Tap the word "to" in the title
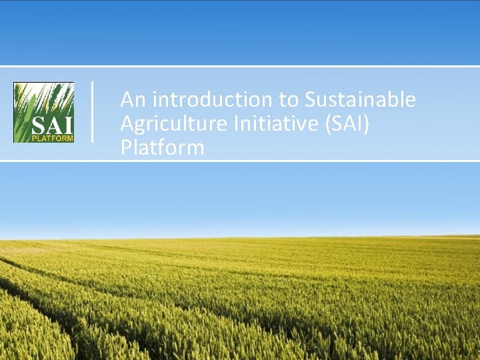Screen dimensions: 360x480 click(289, 100)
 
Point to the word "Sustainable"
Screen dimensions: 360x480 click(361, 100)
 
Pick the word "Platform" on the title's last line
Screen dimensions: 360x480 click(162, 147)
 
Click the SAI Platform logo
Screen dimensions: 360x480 click(44, 112)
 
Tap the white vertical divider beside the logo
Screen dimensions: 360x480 click(92, 111)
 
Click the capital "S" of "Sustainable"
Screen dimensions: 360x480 click(311, 100)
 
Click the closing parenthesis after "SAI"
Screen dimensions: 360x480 click(367, 123)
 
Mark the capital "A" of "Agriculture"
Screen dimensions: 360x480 click(127, 123)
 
